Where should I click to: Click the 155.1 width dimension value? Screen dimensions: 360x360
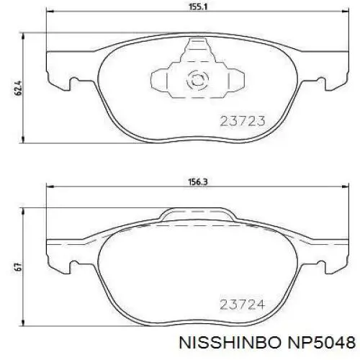pyautogui.click(x=198, y=6)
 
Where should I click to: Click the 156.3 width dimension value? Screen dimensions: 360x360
pyautogui.click(x=198, y=182)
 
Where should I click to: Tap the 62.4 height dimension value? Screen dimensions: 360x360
pyautogui.click(x=19, y=89)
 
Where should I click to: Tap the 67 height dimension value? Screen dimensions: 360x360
pyautogui.click(x=19, y=267)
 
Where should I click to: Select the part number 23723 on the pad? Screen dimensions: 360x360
pyautogui.click(x=243, y=121)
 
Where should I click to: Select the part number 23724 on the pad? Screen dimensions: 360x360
pyautogui.click(x=243, y=305)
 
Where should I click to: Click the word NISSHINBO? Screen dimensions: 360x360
pyautogui.click(x=230, y=342)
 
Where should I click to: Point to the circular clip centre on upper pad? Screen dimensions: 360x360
pyautogui.click(x=197, y=79)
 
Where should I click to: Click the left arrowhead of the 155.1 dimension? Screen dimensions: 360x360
pyautogui.click(x=49, y=11)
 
